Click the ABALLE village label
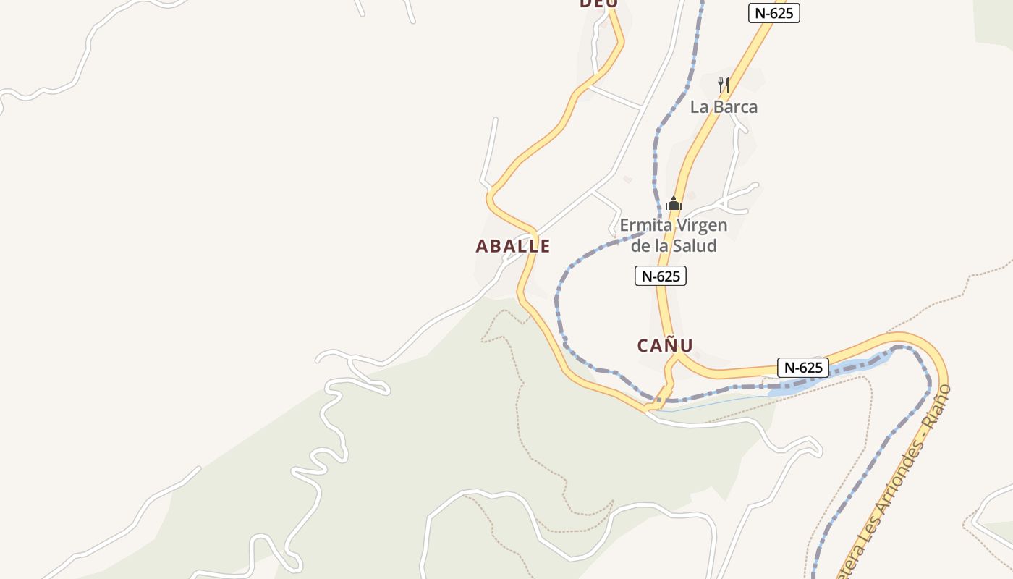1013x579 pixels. tap(512, 246)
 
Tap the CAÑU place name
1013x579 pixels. tap(665, 345)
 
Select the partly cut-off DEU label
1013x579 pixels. tap(598, 4)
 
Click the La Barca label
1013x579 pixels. tap(724, 107)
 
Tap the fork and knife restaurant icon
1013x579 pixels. tap(723, 85)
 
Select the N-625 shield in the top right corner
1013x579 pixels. tap(773, 13)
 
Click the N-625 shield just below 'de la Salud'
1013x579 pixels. tap(660, 276)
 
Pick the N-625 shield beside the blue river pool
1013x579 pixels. tap(802, 368)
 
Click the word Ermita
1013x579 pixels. tap(643, 226)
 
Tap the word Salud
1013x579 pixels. tap(695, 246)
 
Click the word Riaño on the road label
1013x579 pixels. tap(939, 405)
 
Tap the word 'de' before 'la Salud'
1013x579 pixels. tap(640, 246)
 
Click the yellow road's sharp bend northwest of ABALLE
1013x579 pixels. tap(491, 194)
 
